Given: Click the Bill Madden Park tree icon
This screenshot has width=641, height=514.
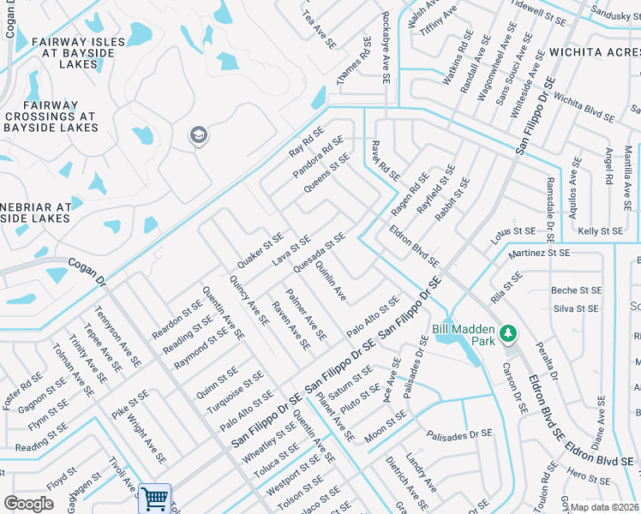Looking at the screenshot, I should click(x=508, y=332).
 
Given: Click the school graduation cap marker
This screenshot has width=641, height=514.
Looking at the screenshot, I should click(x=198, y=135).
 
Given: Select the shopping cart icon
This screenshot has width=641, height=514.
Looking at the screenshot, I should click(x=154, y=498).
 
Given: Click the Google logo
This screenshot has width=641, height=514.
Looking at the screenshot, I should click(x=28, y=503).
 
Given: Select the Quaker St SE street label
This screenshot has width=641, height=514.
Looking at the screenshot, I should click(x=261, y=248).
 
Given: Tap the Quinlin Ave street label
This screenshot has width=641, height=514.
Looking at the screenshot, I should click(x=330, y=283).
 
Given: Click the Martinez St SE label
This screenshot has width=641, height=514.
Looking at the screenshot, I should click(x=539, y=253).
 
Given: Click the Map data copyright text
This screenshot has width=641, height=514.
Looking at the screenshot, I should click(x=605, y=507).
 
